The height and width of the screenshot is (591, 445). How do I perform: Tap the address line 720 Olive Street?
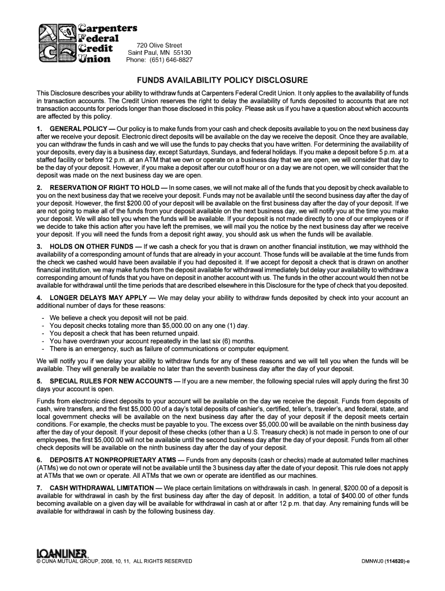pos(160,45)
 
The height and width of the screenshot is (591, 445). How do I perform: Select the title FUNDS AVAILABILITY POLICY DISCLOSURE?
pos(222,80)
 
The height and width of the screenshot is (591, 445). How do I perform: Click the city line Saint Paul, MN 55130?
pos(160,53)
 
